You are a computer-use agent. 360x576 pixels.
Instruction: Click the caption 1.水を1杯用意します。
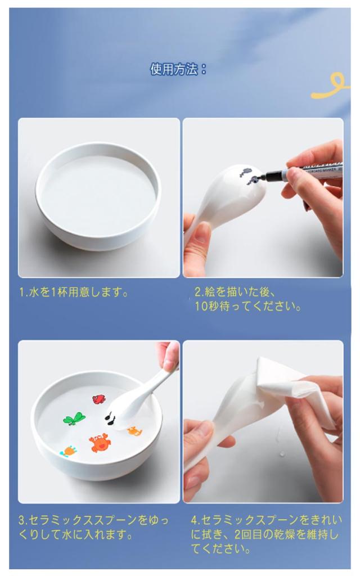[x=74, y=292]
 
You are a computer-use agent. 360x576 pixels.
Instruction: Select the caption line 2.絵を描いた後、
[x=235, y=292]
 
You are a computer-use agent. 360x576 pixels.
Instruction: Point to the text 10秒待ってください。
[x=247, y=306]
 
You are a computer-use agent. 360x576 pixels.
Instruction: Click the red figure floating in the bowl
[x=98, y=399]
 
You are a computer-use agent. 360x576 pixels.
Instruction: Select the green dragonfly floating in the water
[x=75, y=418]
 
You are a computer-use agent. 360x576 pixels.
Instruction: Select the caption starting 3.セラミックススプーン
[x=94, y=527]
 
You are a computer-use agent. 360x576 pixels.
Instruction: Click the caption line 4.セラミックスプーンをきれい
[x=266, y=520]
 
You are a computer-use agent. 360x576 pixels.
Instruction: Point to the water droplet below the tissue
[x=282, y=454]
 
